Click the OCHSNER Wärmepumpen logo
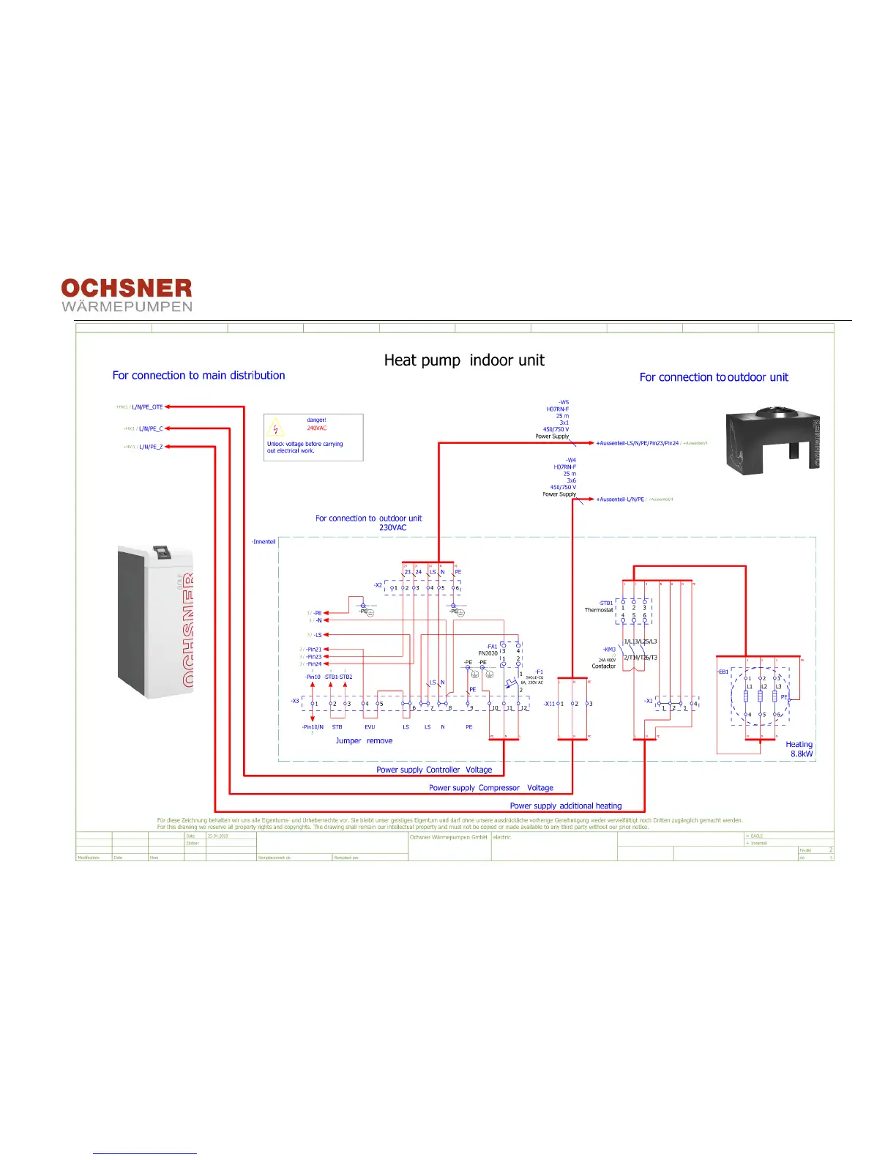click(x=127, y=295)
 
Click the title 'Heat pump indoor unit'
click(x=464, y=360)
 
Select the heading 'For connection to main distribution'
click(x=198, y=376)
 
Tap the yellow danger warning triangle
click(x=276, y=428)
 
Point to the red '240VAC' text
click(x=317, y=428)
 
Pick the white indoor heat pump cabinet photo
click(x=155, y=620)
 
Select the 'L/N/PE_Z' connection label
click(x=151, y=447)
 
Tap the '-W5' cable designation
click(x=563, y=402)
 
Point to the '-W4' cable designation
click(x=570, y=461)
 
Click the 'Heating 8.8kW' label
click(x=799, y=749)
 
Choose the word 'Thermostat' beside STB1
click(x=599, y=610)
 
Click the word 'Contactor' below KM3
click(x=604, y=666)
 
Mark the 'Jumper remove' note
click(x=364, y=741)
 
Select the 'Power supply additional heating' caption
click(x=566, y=806)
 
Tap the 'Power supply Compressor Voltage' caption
click(x=491, y=788)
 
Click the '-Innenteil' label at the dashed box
click(x=264, y=542)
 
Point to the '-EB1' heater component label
click(x=723, y=672)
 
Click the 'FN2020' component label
click(x=488, y=653)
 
